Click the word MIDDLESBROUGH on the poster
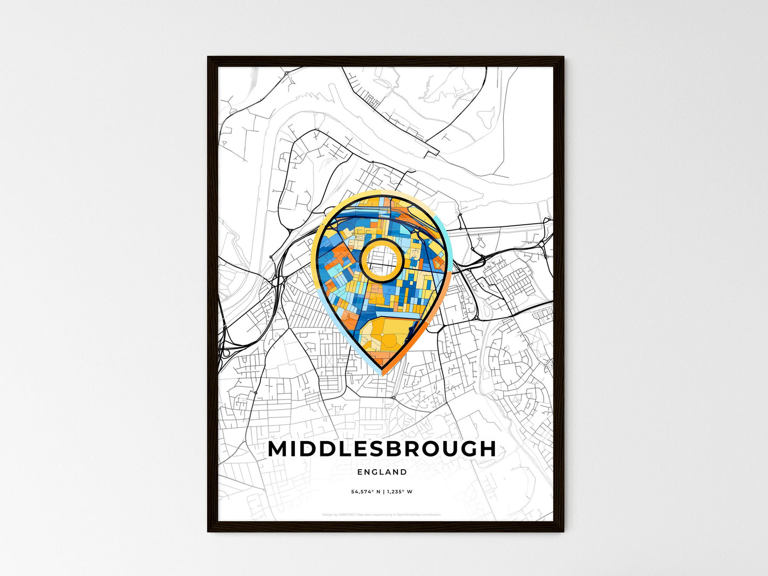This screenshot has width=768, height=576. (382, 449)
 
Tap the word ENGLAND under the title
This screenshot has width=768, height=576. (382, 472)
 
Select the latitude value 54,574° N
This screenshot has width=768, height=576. (365, 492)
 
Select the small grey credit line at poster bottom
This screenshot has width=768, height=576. (382, 514)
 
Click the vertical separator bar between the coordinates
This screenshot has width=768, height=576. (383, 492)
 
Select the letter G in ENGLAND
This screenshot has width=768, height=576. (375, 472)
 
